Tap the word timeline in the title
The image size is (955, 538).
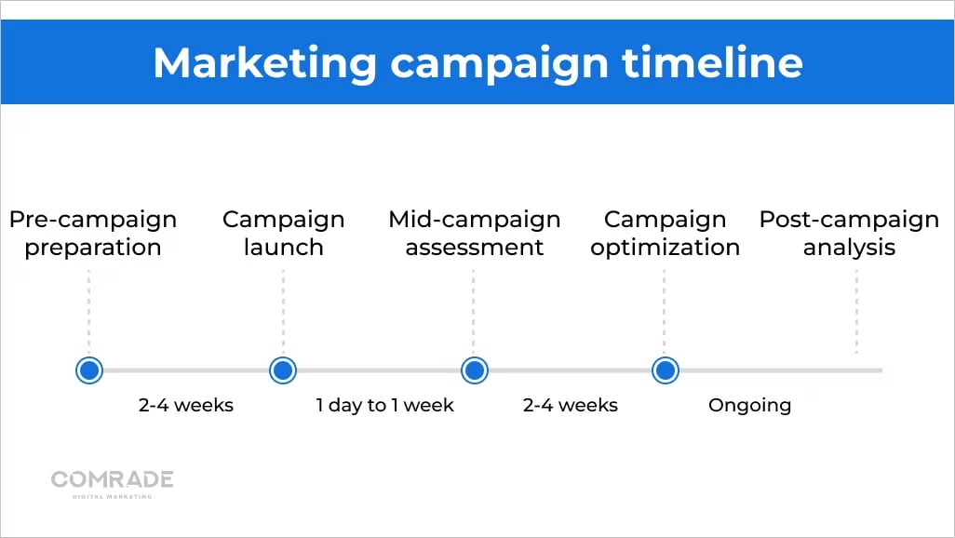[712, 62]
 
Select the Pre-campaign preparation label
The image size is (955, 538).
[93, 234]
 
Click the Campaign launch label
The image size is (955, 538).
[283, 234]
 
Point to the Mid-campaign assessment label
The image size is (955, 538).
[475, 234]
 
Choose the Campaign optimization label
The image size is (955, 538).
[666, 234]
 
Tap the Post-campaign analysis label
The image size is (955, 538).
[849, 234]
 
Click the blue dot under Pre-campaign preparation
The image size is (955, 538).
[89, 370]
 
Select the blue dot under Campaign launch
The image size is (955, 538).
[283, 370]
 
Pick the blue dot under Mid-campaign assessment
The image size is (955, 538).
[475, 370]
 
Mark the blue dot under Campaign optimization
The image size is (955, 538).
[666, 370]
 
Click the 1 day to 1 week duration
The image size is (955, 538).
[385, 405]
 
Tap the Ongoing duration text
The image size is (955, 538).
[749, 406]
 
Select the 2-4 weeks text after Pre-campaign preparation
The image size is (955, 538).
[186, 405]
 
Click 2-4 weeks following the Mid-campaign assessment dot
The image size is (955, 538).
[570, 405]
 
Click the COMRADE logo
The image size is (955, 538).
[112, 479]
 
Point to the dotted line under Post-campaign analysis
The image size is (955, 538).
[856, 312]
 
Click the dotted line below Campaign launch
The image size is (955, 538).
[283, 312]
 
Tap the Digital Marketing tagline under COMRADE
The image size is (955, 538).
[112, 496]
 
